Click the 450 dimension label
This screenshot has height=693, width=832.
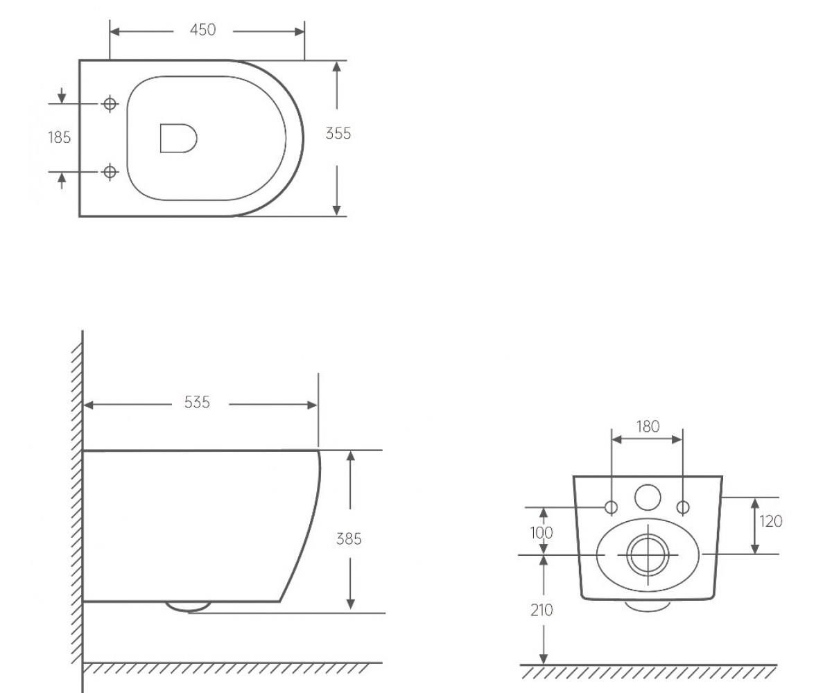[203, 30]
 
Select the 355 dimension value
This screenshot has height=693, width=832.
[338, 134]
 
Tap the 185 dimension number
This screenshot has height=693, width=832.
[60, 137]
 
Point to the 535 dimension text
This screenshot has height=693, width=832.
[197, 402]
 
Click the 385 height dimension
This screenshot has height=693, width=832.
[349, 539]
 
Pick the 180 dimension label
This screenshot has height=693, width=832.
[648, 427]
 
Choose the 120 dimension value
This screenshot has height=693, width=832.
[771, 521]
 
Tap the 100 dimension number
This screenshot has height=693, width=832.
[541, 533]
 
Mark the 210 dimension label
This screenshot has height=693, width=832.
[542, 610]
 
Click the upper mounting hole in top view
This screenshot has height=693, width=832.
[110, 104]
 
